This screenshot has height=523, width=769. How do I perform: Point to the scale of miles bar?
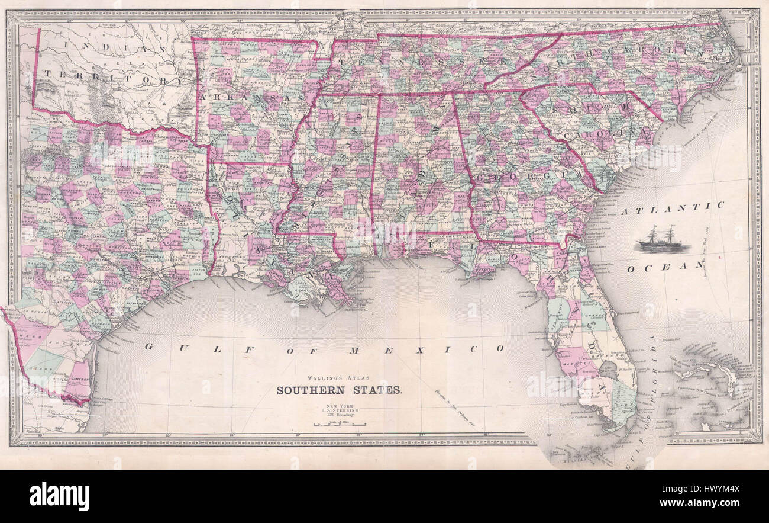340,424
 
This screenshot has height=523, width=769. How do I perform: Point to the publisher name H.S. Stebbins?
341,410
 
